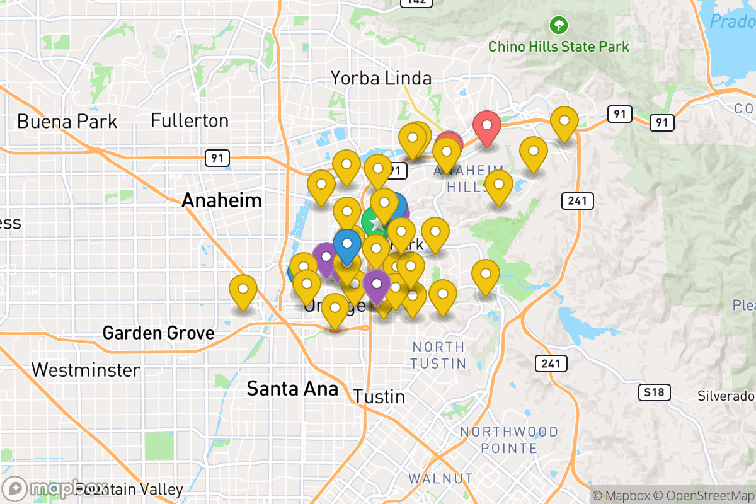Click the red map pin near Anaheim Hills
click(487, 126)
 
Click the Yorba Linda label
click(381, 78)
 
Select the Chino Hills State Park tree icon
click(558, 26)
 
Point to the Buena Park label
click(67, 121)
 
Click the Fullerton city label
click(190, 120)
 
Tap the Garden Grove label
click(158, 333)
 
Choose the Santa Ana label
click(292, 388)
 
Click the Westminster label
click(86, 370)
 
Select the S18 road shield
click(653, 393)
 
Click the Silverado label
click(726, 396)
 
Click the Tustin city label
click(379, 397)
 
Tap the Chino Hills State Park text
click(558, 47)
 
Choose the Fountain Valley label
click(129, 489)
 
